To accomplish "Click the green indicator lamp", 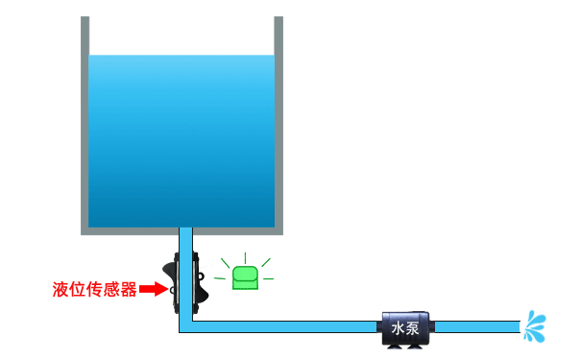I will pos(246,277).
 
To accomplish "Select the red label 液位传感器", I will pos(95,288).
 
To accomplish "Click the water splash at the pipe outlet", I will pos(534,325).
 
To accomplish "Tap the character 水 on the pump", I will pos(399,328).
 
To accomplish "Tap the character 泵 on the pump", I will pos(415,328).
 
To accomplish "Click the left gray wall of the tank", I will pos(85,125).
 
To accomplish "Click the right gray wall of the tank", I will pos(278,125).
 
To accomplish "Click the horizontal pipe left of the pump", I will pos(288,326).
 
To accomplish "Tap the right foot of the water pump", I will pos(421,346).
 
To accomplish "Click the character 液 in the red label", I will pos(61,288).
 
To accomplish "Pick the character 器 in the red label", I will pos(130,288).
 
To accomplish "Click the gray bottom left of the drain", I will pos(130,230).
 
